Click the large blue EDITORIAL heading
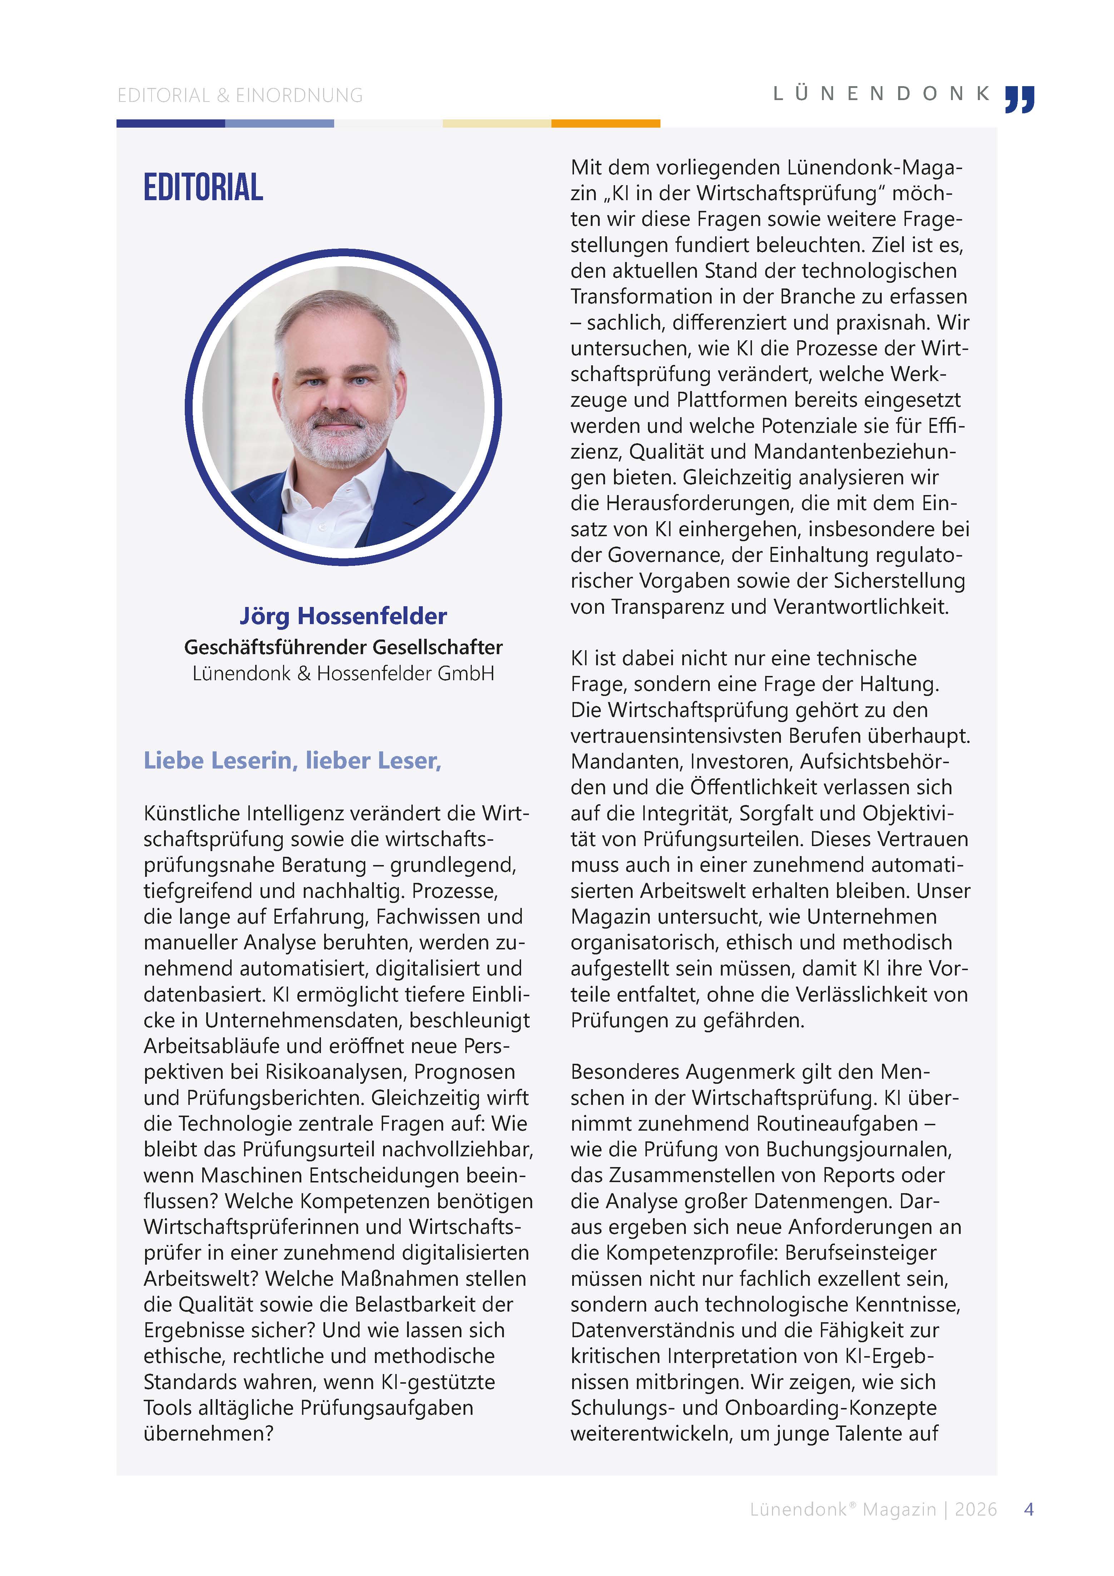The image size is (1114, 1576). (x=203, y=187)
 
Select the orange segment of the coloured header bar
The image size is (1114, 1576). (x=605, y=124)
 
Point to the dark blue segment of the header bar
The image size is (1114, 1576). (x=170, y=124)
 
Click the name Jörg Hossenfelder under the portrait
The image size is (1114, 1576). (x=343, y=616)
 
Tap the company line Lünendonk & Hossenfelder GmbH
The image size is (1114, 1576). (x=343, y=673)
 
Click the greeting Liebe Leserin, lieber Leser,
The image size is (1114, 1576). (x=292, y=761)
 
